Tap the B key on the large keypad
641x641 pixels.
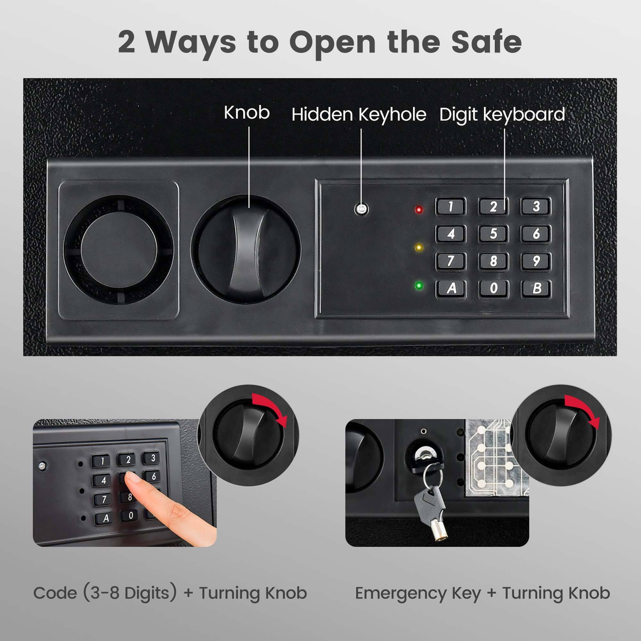click(x=537, y=288)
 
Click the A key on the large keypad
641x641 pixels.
click(x=451, y=288)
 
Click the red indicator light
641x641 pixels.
click(x=419, y=210)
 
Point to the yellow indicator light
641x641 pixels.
click(x=419, y=247)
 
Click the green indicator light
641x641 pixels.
click(x=419, y=286)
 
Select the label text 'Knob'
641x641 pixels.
click(x=246, y=113)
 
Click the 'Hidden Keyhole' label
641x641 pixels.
click(x=359, y=115)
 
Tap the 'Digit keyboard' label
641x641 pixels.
click(x=502, y=115)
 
